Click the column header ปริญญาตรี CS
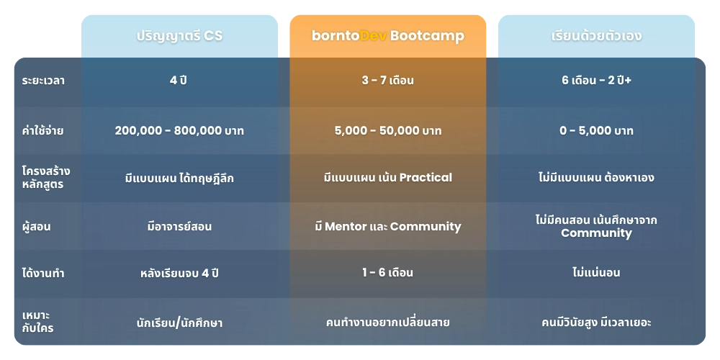179,35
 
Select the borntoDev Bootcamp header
387,35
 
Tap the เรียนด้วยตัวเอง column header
596,35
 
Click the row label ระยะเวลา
43,81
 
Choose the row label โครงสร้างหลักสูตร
46,177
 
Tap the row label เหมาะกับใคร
37,322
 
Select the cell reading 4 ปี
179,81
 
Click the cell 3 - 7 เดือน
387,81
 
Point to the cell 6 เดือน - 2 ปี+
596,81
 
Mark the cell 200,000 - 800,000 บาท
179,130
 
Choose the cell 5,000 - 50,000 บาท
387,130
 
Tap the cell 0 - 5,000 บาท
596,130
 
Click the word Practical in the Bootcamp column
426,177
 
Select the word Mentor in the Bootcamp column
351,226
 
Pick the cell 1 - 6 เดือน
387,273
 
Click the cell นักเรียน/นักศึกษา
179,323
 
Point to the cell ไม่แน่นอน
596,273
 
